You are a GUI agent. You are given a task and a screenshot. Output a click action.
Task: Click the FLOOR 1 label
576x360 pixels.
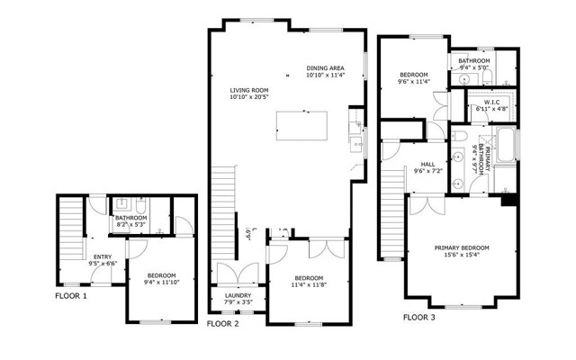click(x=71, y=296)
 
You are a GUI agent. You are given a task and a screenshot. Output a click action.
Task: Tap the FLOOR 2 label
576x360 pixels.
click(x=222, y=323)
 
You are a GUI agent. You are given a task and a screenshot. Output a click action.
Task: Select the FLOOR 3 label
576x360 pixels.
click(x=419, y=317)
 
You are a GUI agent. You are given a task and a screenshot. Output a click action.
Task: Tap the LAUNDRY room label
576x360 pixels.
click(x=230, y=294)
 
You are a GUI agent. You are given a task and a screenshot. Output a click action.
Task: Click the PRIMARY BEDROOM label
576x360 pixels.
click(x=462, y=247)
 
